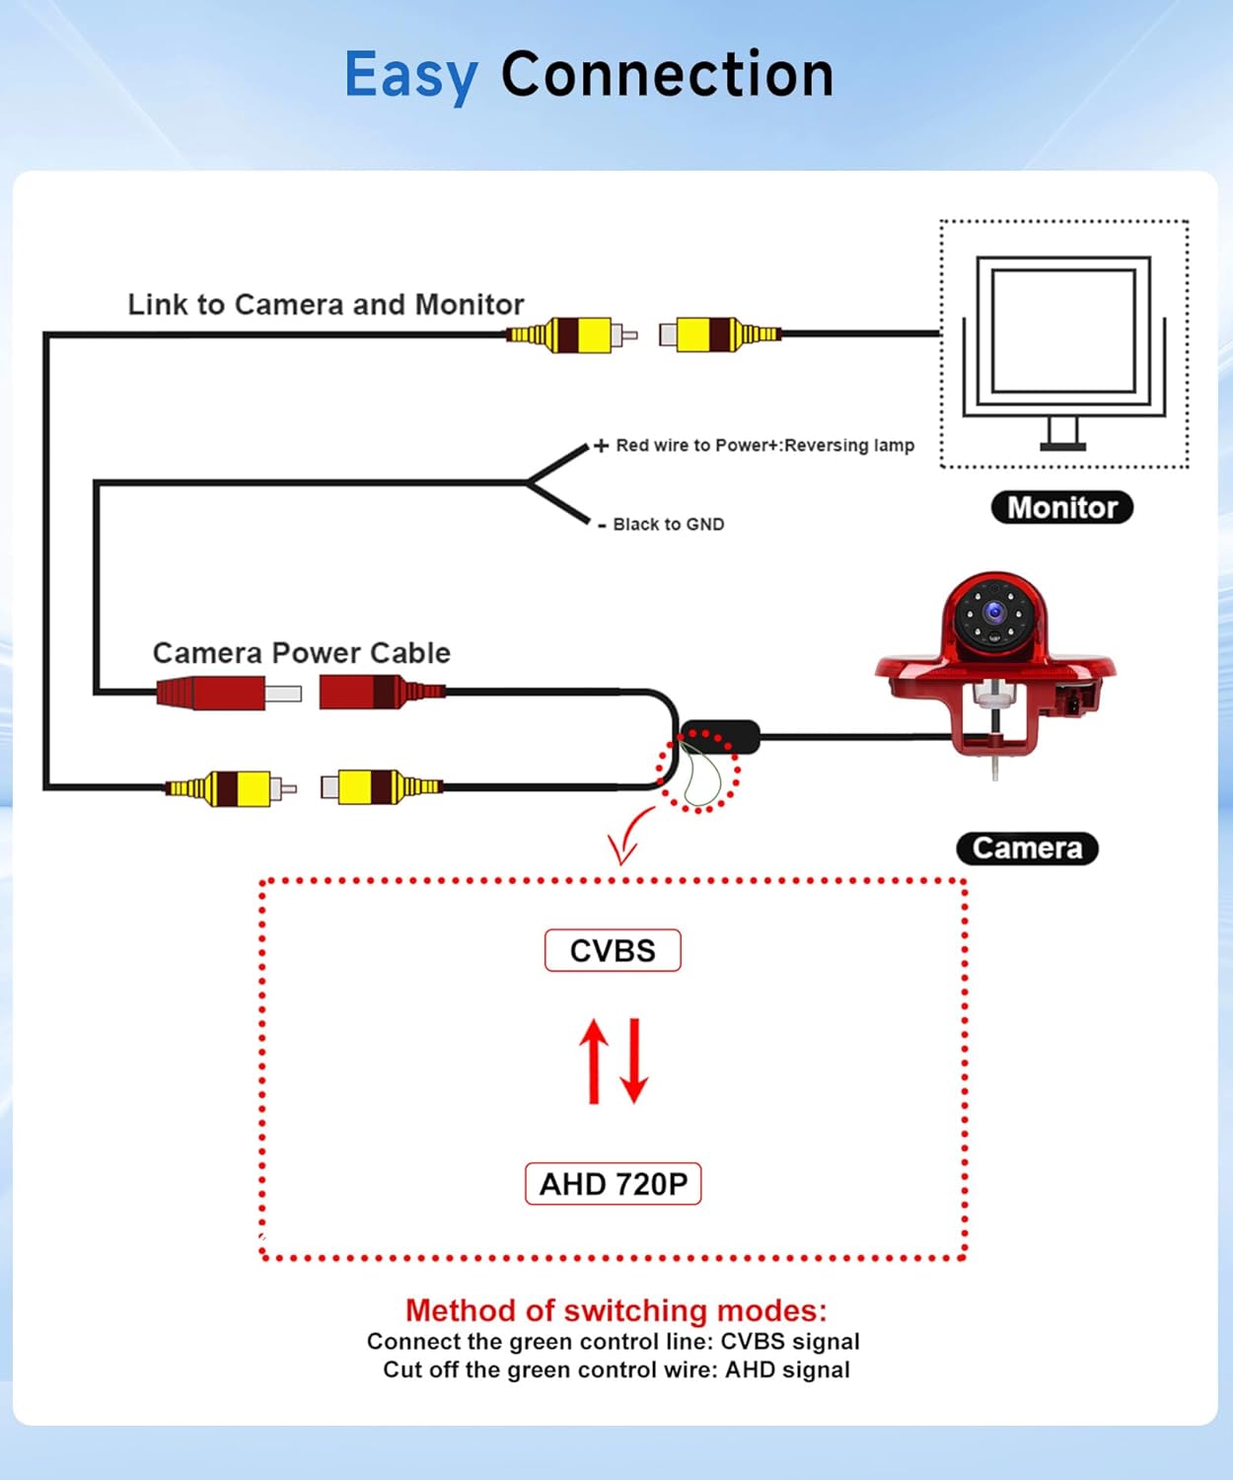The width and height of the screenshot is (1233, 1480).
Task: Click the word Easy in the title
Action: pos(410,76)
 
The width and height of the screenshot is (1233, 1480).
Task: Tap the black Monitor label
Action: pos(1061,507)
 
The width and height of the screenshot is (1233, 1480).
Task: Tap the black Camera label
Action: pos(1027,849)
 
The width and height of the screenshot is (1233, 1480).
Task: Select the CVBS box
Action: pos(613,950)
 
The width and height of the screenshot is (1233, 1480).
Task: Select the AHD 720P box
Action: pos(613,1184)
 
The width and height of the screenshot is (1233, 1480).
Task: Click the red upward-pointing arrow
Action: pos(594,1061)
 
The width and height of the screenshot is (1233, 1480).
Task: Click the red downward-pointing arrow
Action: pos(634,1061)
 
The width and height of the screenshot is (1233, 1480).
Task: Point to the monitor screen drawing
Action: pos(1063,331)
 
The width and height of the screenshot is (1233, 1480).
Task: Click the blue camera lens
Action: pos(994,613)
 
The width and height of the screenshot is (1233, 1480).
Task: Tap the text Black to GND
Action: pos(668,524)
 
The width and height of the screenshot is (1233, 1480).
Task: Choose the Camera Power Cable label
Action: pos(301,653)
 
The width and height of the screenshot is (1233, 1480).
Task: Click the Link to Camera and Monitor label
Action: pos(326,304)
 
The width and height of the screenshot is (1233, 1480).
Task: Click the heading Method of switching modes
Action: pos(616,1310)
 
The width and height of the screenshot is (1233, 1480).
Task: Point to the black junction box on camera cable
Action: pos(720,736)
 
